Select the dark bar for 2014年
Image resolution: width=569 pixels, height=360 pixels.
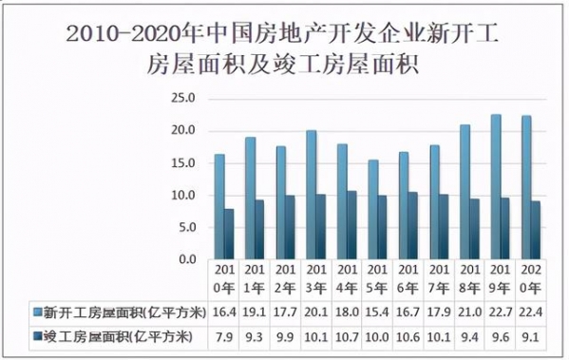coord(352,225)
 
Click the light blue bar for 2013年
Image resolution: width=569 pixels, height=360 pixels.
coord(311,195)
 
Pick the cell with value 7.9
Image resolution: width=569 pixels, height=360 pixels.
coord(223,336)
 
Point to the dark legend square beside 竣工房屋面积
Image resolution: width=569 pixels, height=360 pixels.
coord(36,336)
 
